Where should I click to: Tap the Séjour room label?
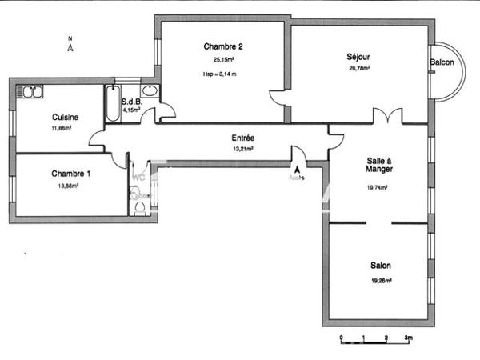358,57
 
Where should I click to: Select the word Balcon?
442,62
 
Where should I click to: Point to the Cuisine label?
65,117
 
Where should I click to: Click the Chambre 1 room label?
71,174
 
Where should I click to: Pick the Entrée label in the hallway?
243,138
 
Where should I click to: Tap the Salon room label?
381,266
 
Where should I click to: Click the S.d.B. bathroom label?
131,102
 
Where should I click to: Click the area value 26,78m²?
358,68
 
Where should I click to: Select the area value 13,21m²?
243,148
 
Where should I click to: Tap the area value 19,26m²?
381,281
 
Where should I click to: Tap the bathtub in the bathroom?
111,103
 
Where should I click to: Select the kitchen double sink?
32,92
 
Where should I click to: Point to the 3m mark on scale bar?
408,339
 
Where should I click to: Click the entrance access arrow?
298,170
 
